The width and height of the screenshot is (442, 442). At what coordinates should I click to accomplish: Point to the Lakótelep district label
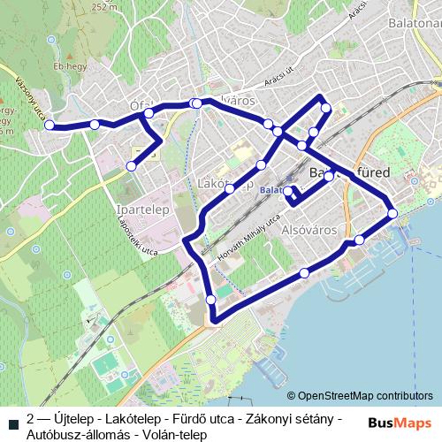228,185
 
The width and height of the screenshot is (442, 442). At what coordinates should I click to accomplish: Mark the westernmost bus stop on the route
50,125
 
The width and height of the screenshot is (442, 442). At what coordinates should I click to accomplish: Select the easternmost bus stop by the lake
392,213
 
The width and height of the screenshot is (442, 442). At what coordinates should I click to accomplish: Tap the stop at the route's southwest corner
211,301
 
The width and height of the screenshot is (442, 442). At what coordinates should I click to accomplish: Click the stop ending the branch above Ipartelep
132,165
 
